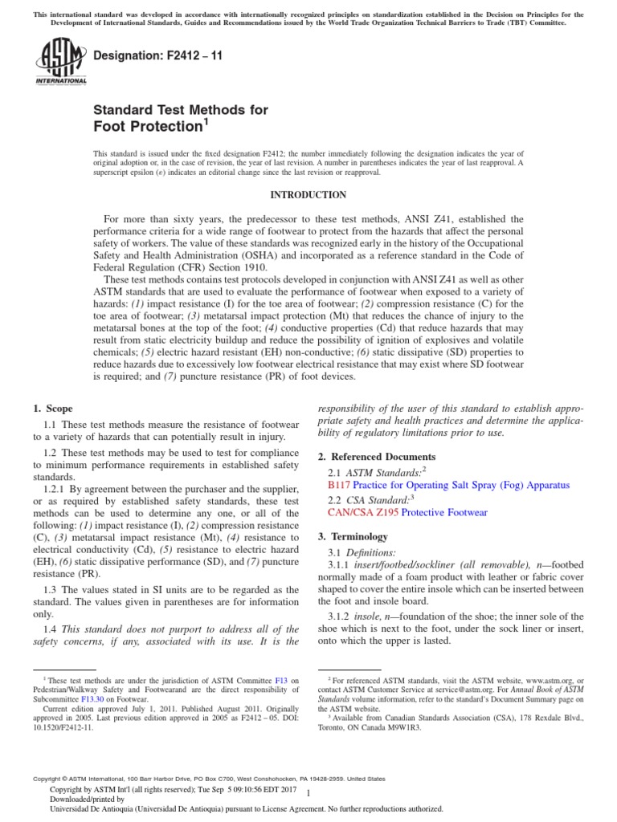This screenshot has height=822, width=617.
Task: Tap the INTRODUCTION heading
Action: point(308,195)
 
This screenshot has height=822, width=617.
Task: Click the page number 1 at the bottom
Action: point(309,793)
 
